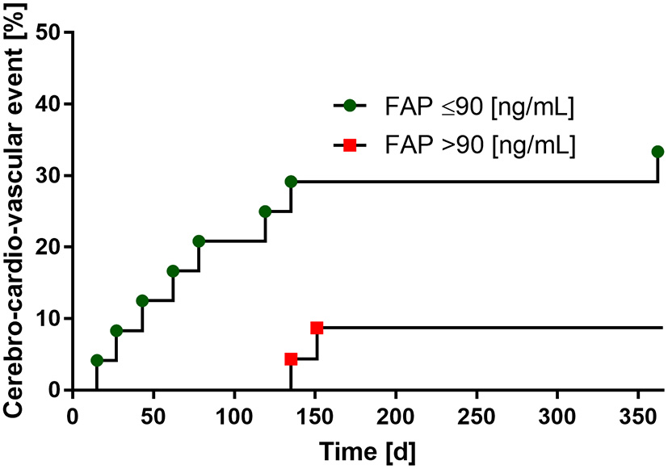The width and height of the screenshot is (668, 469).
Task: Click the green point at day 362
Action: (x=657, y=152)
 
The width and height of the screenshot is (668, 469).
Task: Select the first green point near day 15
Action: (x=97, y=360)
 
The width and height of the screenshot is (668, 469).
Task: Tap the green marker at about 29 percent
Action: (x=291, y=182)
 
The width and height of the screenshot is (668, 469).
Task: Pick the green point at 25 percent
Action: (x=265, y=211)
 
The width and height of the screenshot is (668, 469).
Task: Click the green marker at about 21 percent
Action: (x=199, y=241)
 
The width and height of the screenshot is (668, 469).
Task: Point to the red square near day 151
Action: (x=317, y=328)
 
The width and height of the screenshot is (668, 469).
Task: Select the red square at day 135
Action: (x=291, y=358)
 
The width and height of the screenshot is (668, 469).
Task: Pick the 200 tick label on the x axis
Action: (x=396, y=413)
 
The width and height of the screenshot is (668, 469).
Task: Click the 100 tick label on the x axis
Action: (x=234, y=413)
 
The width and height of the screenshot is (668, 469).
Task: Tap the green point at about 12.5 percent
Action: (x=142, y=300)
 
